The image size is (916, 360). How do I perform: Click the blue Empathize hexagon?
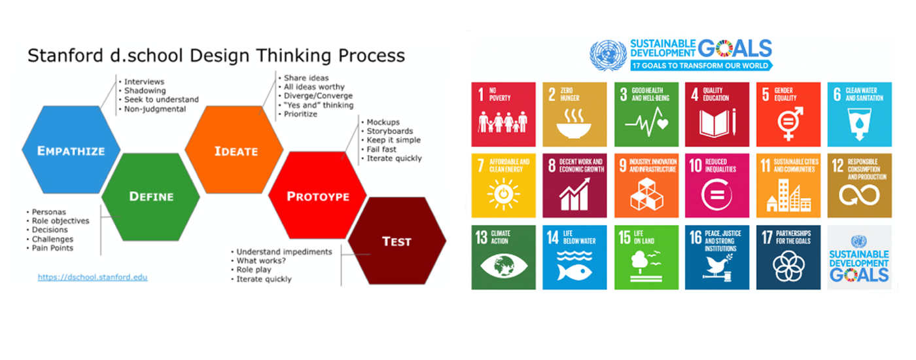coord(71,150)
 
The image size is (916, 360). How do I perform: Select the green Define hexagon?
coord(151,197)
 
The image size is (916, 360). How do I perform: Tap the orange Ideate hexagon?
coord(234,150)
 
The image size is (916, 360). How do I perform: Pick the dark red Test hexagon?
coord(397,241)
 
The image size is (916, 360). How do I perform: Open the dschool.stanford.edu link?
coord(92,277)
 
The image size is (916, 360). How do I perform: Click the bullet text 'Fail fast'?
coord(381,149)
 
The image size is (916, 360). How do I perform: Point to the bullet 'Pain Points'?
coord(52,248)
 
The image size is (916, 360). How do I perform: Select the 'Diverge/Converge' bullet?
coord(318,96)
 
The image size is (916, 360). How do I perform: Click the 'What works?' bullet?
coord(261,261)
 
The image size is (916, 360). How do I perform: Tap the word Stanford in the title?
coord(65,55)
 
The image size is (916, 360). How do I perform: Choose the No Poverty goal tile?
coord(503,114)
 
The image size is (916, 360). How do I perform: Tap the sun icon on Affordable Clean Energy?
coord(503,194)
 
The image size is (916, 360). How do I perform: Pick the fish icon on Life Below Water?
coord(574,272)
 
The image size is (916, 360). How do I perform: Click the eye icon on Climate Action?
coord(503,266)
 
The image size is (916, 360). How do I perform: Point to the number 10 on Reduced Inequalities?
coord(695,166)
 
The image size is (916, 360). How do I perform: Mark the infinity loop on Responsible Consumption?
coord(859,195)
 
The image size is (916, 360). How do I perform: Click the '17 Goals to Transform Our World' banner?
coord(701,65)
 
